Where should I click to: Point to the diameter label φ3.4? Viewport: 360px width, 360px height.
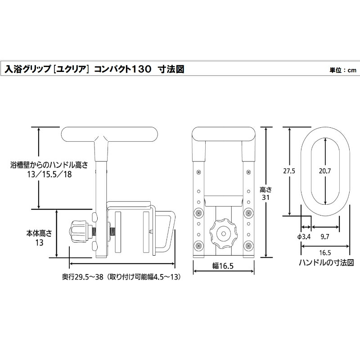click(305, 236)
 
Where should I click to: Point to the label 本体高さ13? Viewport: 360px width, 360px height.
click(40, 237)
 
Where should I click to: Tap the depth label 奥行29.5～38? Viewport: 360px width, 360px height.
click(81, 277)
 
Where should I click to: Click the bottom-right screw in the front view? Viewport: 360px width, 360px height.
click(248, 245)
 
